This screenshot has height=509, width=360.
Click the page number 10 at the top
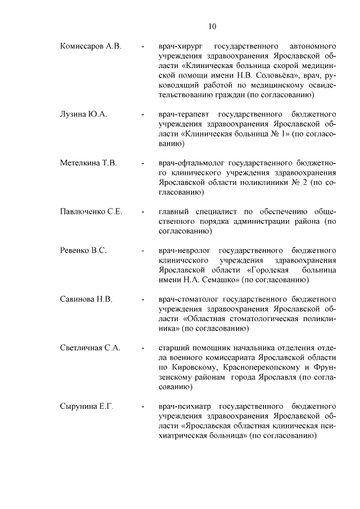point(211,26)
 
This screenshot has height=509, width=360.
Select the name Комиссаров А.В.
point(91,45)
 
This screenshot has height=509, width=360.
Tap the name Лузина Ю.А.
point(84,114)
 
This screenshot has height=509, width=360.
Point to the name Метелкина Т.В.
point(88,163)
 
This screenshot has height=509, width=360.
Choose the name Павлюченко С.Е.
point(91,211)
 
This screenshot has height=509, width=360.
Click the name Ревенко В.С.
point(83,250)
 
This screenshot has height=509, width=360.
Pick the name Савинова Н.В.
point(86,299)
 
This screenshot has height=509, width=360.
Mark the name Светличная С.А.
point(91,348)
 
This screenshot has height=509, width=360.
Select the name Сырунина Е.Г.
point(87,406)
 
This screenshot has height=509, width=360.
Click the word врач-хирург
point(179,45)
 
